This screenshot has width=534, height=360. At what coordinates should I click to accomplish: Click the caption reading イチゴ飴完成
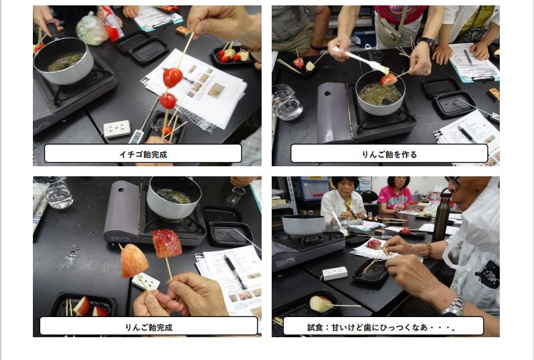pyautogui.click(x=144, y=154)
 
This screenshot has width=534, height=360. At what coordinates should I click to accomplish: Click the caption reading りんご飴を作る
pyautogui.click(x=389, y=154)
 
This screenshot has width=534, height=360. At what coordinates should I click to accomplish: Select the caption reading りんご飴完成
pyautogui.click(x=149, y=327)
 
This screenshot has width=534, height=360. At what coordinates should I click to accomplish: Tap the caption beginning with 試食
pyautogui.click(x=382, y=327)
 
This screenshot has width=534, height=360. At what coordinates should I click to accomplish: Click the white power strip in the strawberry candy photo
pyautogui.click(x=117, y=129)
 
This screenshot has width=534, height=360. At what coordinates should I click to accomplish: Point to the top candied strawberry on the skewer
pyautogui.click(x=172, y=77)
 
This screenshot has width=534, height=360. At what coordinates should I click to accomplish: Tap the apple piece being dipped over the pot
pyautogui.click(x=388, y=80)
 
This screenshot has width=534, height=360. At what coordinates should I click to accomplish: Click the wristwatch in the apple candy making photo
pyautogui.click(x=426, y=42)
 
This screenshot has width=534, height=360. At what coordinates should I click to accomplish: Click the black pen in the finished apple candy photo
pyautogui.click(x=235, y=272)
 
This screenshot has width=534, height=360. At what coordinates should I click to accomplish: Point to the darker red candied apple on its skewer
pyautogui.click(x=166, y=243)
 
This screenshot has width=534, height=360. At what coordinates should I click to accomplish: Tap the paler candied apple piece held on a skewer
pyautogui.click(x=134, y=261)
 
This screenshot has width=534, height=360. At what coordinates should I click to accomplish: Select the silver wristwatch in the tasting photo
pyautogui.click(x=453, y=306)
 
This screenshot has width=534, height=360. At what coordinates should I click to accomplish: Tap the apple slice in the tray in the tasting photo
pyautogui.click(x=321, y=304)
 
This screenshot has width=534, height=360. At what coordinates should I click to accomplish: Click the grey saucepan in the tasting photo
pyautogui.click(x=303, y=225)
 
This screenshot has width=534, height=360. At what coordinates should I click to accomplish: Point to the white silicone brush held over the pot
pyautogui.click(x=362, y=60)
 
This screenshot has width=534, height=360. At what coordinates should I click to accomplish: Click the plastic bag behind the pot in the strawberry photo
pyautogui.click(x=91, y=29)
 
